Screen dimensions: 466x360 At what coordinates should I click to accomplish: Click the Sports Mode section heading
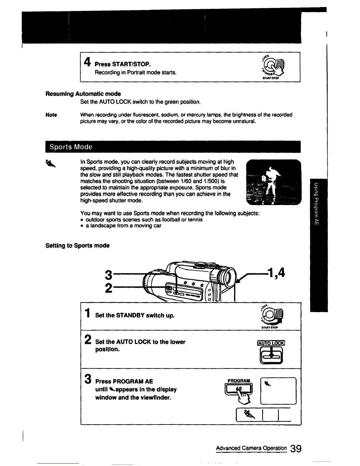[71, 147]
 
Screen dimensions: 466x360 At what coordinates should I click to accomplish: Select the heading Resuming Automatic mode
[83, 94]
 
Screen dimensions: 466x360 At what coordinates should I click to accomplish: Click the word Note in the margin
[51, 115]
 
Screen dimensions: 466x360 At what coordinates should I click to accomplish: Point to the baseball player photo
[273, 182]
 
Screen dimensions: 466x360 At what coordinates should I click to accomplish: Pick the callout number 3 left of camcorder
[109, 275]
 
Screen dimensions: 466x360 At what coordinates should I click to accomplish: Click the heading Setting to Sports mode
[77, 246]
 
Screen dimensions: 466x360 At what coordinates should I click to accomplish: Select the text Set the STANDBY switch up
[135, 315]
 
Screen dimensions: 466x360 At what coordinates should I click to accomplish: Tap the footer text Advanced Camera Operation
[251, 448]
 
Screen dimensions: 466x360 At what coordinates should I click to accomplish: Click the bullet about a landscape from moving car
[123, 226]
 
